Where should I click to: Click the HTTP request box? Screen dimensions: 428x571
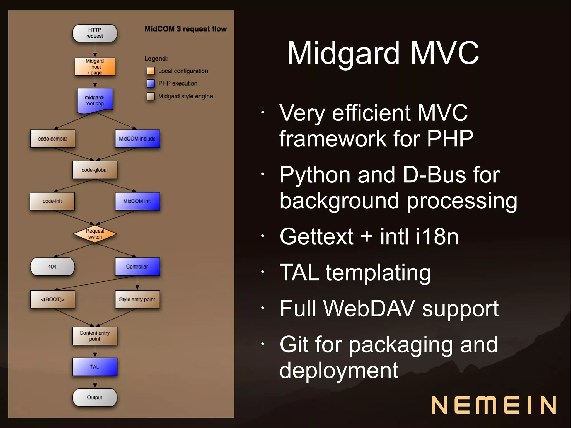click(x=95, y=33)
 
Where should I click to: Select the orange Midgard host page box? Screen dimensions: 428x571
click(x=95, y=67)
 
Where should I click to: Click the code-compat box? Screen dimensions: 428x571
click(x=52, y=139)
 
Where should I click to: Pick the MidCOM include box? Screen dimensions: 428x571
click(x=137, y=139)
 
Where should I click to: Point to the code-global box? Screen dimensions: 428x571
click(x=95, y=170)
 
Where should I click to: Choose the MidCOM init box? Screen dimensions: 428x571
click(x=137, y=201)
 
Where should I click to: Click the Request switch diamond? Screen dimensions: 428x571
click(x=95, y=234)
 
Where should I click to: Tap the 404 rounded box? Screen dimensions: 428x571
click(x=52, y=267)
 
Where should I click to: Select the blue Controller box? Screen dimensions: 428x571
click(x=137, y=267)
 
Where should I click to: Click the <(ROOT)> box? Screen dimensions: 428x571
click(x=52, y=299)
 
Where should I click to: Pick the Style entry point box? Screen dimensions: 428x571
click(x=137, y=299)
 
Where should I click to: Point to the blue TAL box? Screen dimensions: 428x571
click(x=95, y=367)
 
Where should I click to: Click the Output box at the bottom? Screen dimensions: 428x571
click(x=95, y=397)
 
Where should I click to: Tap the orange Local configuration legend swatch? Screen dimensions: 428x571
click(x=151, y=71)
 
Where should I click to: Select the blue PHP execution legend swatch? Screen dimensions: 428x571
click(x=151, y=83)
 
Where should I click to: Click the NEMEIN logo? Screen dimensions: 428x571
click(x=493, y=405)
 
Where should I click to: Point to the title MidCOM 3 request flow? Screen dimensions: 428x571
click(x=185, y=29)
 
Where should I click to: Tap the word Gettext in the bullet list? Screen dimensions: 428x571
click(x=316, y=236)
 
